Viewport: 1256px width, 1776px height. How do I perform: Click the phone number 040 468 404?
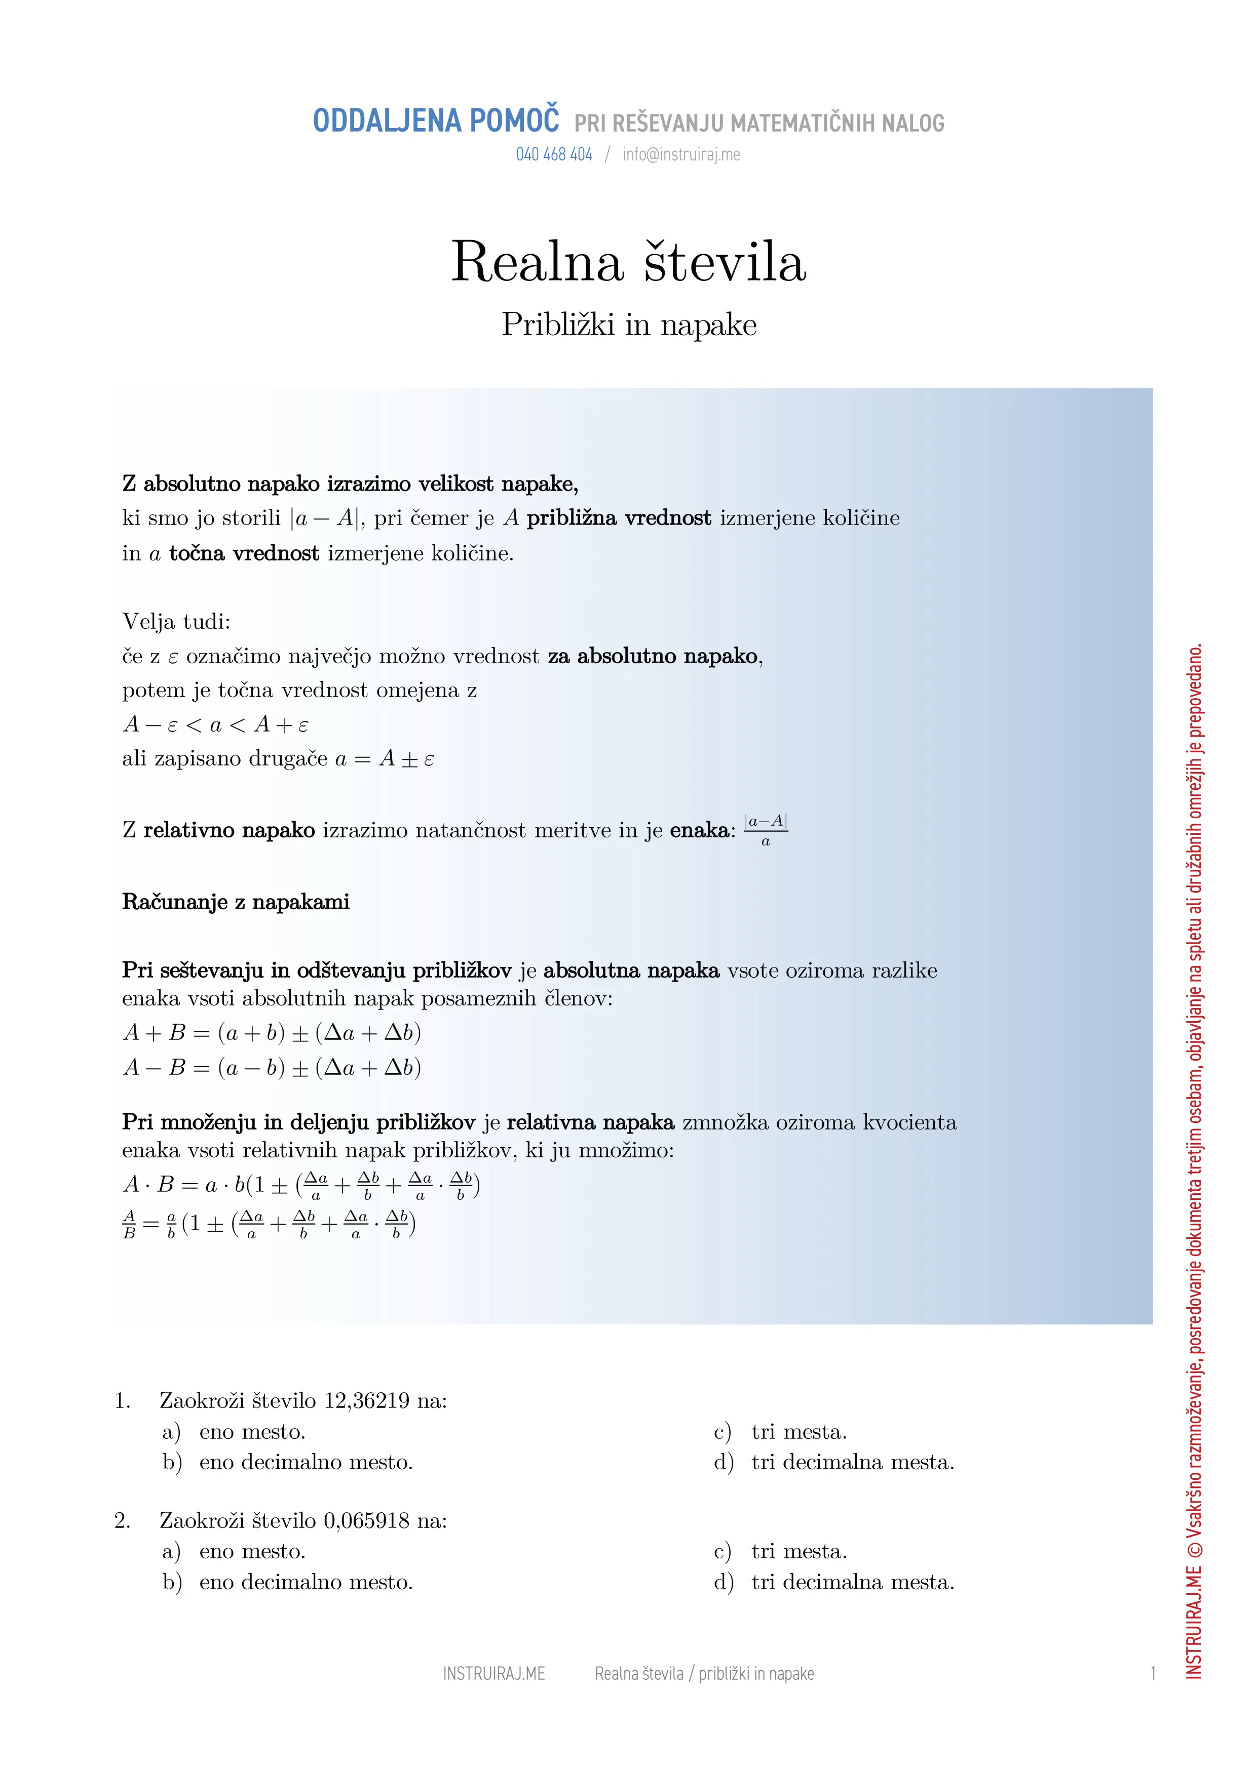point(554,155)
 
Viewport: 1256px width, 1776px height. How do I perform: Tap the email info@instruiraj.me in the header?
point(681,155)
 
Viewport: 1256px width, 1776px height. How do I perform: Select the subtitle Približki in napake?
point(628,325)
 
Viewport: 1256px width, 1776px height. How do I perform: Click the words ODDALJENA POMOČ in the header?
point(436,122)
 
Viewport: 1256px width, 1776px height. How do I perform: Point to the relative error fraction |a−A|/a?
point(766,831)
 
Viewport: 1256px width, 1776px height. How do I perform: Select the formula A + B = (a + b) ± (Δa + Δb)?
point(272,1033)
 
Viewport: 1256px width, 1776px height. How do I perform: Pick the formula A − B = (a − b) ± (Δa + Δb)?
point(272,1068)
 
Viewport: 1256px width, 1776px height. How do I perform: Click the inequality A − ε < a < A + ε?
point(215,725)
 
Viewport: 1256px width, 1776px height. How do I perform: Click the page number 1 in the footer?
point(1152,1674)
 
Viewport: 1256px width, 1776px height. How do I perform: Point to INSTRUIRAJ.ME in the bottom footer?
point(493,1674)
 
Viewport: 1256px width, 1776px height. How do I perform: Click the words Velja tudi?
point(176,622)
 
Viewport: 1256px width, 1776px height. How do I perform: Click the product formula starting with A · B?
point(301,1185)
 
